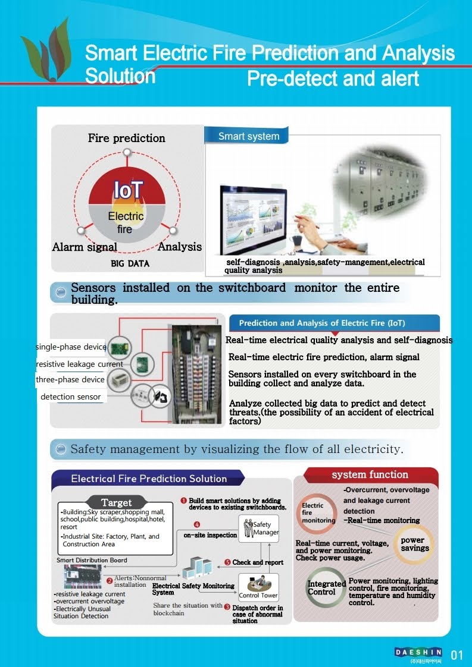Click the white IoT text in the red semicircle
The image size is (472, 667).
(x=128, y=190)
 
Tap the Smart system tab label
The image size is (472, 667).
(x=248, y=136)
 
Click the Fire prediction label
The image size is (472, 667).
(x=126, y=138)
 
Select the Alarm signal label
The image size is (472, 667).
(x=85, y=247)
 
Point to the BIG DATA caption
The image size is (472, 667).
(x=130, y=263)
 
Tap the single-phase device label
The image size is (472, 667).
(x=71, y=347)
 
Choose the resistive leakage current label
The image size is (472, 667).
(x=79, y=364)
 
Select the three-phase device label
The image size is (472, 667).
(x=70, y=379)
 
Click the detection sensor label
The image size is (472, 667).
(x=70, y=397)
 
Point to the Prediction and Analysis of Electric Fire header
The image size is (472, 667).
(x=321, y=323)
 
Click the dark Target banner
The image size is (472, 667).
(x=116, y=503)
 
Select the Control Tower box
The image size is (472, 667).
(x=258, y=588)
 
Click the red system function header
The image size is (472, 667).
(x=370, y=474)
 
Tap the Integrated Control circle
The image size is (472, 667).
(x=326, y=587)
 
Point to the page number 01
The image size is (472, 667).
(x=457, y=656)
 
